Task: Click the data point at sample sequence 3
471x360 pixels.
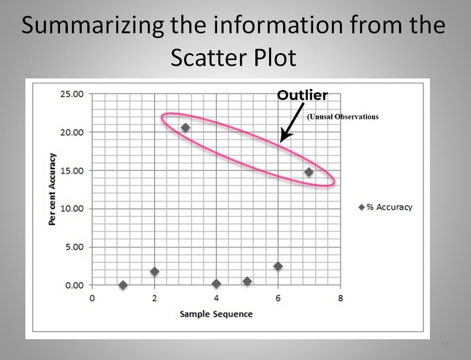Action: (186, 127)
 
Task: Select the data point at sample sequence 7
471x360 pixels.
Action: (309, 172)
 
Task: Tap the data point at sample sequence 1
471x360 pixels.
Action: (123, 285)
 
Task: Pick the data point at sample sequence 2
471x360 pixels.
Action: (154, 271)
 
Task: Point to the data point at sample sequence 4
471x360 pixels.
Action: (216, 283)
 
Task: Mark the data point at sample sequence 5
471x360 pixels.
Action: (247, 281)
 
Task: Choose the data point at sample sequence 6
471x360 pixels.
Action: (278, 266)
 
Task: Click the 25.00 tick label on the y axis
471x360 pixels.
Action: (72, 94)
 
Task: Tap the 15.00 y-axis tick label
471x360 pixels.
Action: (72, 171)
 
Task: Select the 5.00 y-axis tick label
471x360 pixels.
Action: (74, 247)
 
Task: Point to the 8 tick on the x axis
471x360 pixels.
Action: (340, 298)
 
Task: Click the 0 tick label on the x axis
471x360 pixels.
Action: (92, 298)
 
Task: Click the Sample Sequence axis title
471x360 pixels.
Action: (216, 314)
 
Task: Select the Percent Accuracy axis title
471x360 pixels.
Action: (52, 189)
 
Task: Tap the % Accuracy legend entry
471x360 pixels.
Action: (386, 207)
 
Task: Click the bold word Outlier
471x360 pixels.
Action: (302, 95)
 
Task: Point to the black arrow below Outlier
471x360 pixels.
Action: (292, 123)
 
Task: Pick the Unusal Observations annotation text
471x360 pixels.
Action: (343, 117)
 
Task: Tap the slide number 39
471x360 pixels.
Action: (445, 345)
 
